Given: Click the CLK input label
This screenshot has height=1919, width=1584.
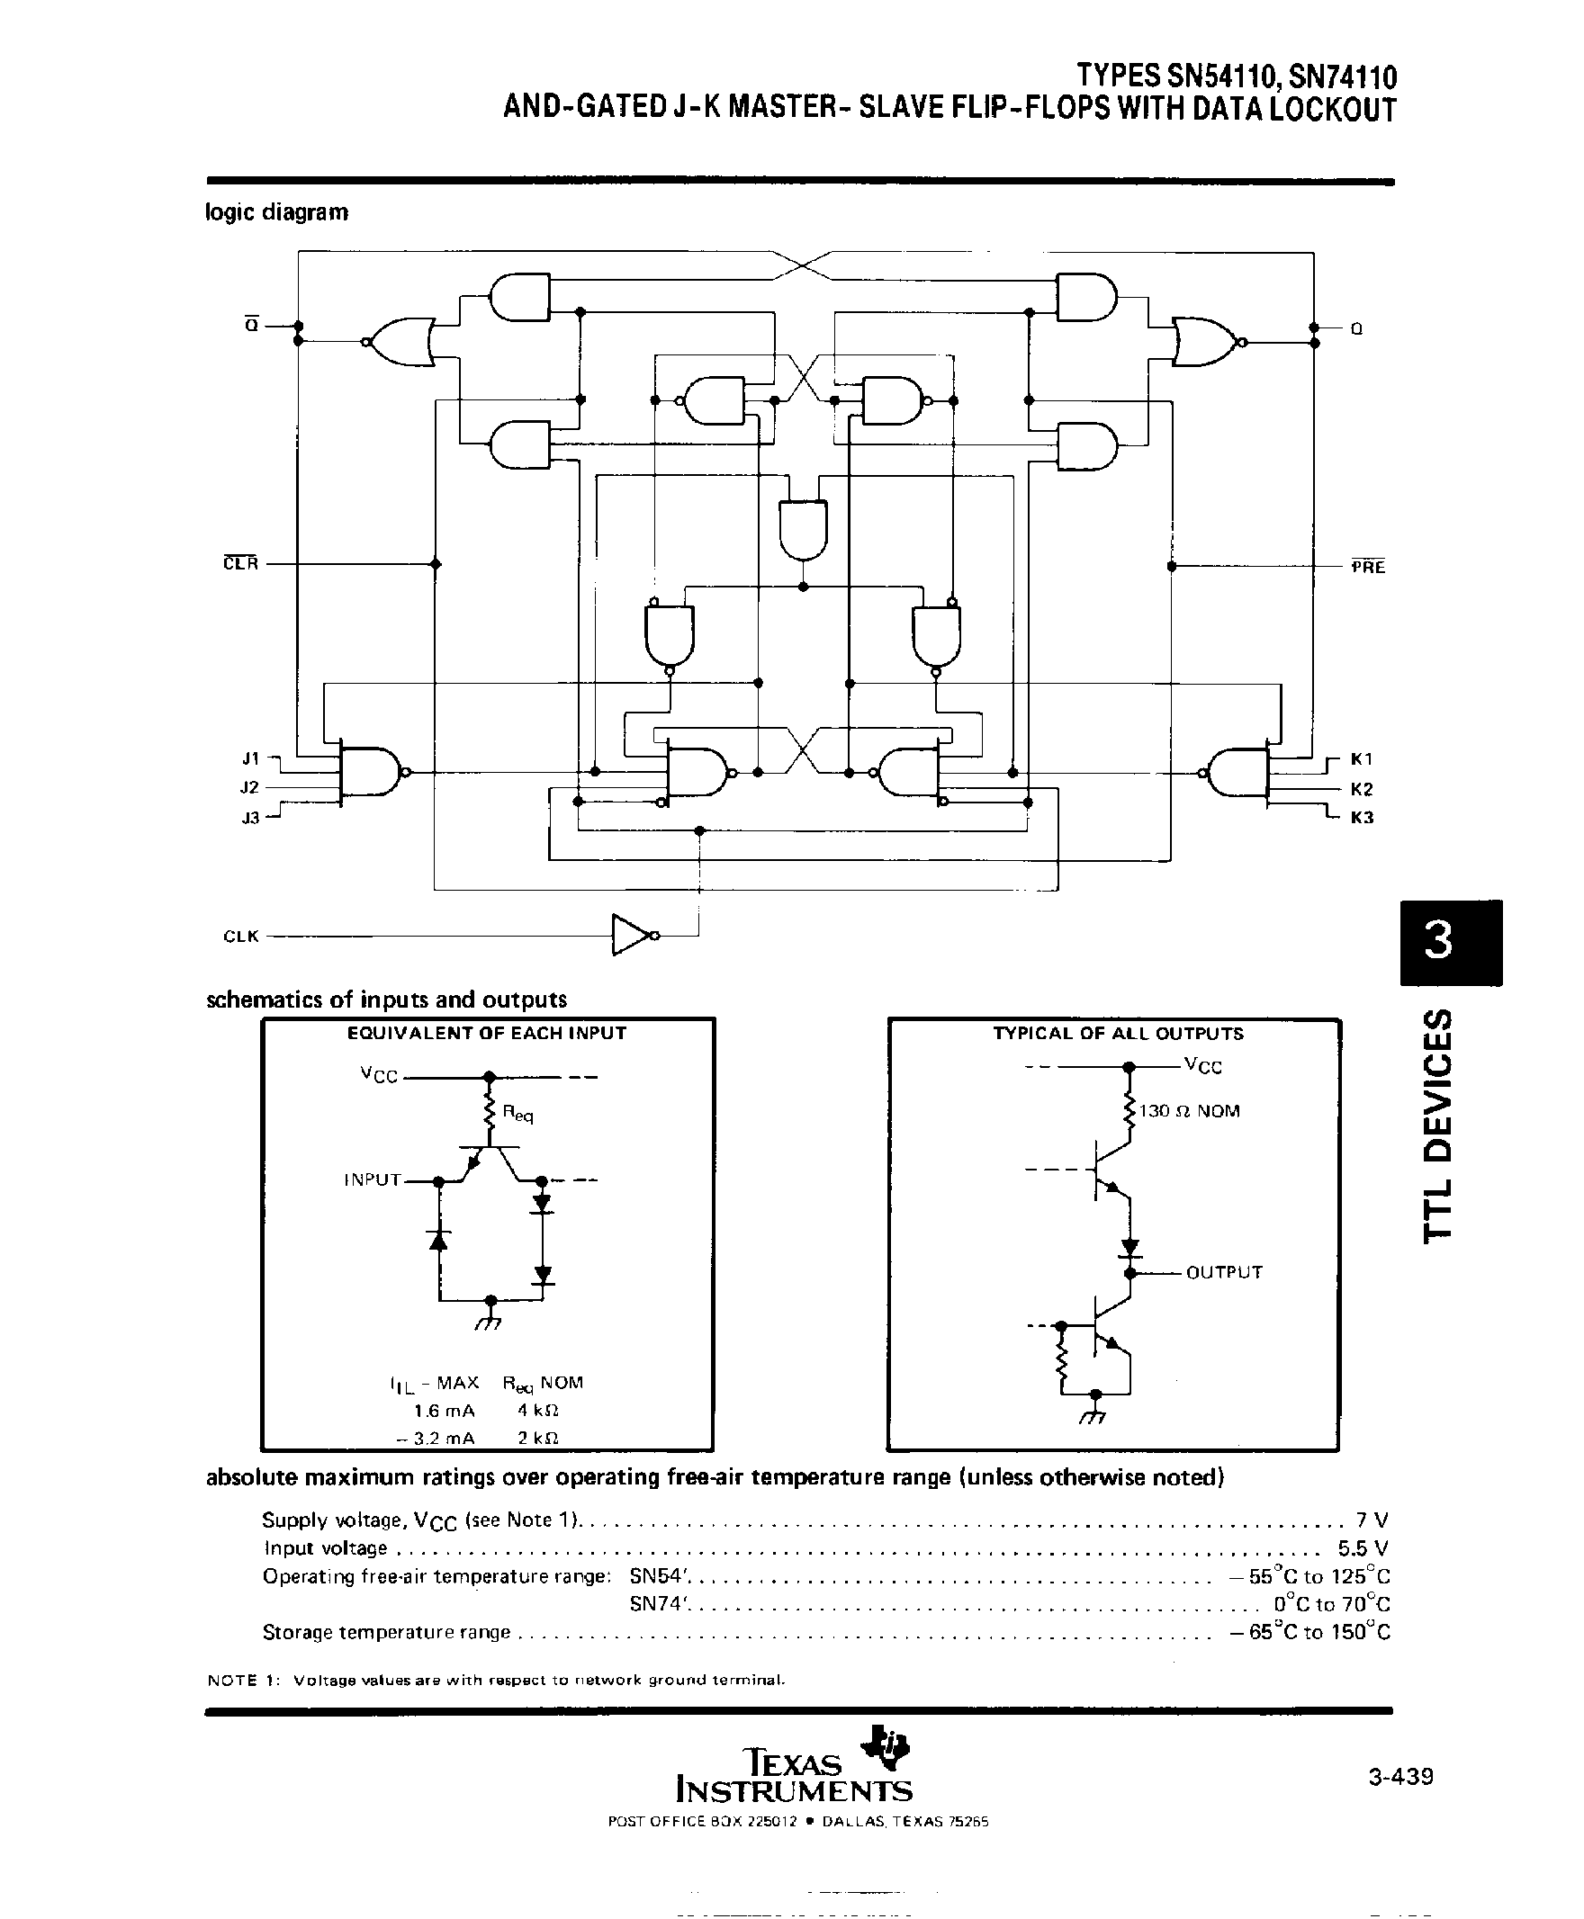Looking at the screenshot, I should pyautogui.click(x=241, y=936).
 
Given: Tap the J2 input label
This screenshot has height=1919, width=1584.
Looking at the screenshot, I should pyautogui.click(x=250, y=787).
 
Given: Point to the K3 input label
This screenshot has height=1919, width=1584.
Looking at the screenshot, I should pyautogui.click(x=1362, y=817).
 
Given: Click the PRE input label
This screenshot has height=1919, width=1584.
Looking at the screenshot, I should pyautogui.click(x=1368, y=568).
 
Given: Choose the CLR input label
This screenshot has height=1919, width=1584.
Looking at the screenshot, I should pyautogui.click(x=241, y=564).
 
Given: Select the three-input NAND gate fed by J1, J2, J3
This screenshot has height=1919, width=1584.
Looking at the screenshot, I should pyautogui.click(x=370, y=773).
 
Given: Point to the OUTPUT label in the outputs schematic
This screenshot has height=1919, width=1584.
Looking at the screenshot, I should pyautogui.click(x=1224, y=1272).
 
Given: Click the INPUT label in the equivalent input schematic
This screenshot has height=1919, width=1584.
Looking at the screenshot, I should pyautogui.click(x=373, y=1179).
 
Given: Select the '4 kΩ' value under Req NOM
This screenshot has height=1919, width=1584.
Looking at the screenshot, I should pyautogui.click(x=537, y=1410).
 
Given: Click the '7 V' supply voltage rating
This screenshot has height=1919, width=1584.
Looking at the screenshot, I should pyautogui.click(x=1372, y=1520).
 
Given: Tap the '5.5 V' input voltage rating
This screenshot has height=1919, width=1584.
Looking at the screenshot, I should pyautogui.click(x=1363, y=1547).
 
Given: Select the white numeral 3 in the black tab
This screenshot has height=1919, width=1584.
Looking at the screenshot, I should pyautogui.click(x=1439, y=940).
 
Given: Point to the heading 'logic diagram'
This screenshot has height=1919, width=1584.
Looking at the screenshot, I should pyautogui.click(x=276, y=212).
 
